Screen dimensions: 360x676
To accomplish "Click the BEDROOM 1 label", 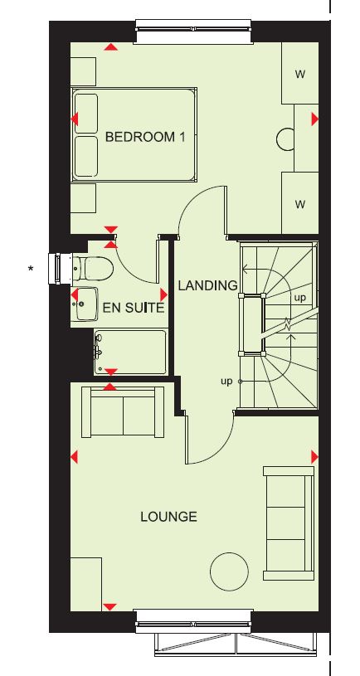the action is pyautogui.click(x=145, y=137).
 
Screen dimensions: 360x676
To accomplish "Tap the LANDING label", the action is pyautogui.click(x=208, y=285).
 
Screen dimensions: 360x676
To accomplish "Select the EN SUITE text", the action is pyautogui.click(x=134, y=308).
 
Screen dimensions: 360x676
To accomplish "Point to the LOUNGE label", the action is pyautogui.click(x=168, y=517).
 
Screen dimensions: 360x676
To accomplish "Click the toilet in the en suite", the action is pyautogui.click(x=93, y=269).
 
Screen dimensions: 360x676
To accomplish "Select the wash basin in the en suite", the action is pyautogui.click(x=86, y=304).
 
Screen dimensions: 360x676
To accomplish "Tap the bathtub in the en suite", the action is pyautogui.click(x=130, y=353).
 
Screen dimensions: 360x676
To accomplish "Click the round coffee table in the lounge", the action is pyautogui.click(x=229, y=571).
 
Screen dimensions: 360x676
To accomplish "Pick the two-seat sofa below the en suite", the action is pyautogui.click(x=123, y=411).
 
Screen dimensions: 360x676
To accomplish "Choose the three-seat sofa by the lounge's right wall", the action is pyautogui.click(x=289, y=523).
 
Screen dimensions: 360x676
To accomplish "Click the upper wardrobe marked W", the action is pyautogui.click(x=300, y=73).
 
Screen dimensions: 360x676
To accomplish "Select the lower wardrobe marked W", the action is pyautogui.click(x=300, y=203).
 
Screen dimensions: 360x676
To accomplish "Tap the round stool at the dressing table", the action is pyautogui.click(x=285, y=139).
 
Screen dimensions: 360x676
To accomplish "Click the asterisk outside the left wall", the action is pyautogui.click(x=30, y=270).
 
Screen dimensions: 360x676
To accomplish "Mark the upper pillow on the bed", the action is pyautogui.click(x=85, y=114).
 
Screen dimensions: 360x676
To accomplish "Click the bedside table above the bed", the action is pyautogui.click(x=83, y=71).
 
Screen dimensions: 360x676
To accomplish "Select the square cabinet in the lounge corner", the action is pyautogui.click(x=86, y=584).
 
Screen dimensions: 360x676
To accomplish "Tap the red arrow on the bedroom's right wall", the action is pyautogui.click(x=314, y=119).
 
